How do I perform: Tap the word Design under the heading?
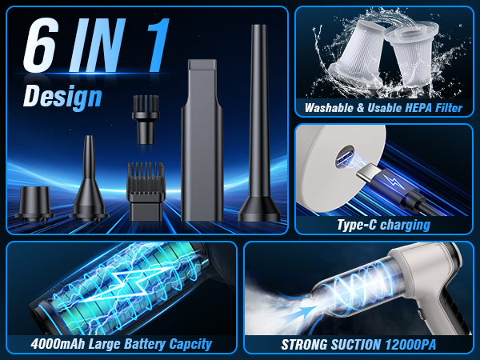pyautogui.click(x=62, y=97)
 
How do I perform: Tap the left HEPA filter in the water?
pyautogui.click(x=353, y=56)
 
